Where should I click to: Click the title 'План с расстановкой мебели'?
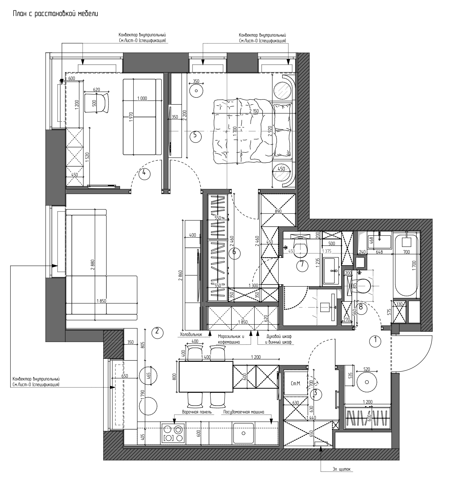(x=55, y=14)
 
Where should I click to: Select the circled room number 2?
(x=157, y=332)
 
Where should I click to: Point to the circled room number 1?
(x=375, y=340)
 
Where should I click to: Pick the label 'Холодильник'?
(x=191, y=335)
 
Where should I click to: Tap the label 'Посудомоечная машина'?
(x=244, y=412)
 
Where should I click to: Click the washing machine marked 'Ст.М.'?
(x=296, y=383)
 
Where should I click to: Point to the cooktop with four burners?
(x=173, y=433)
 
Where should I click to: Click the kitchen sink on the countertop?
(x=243, y=433)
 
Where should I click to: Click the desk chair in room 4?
(x=97, y=103)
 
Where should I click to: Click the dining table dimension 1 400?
(x=206, y=357)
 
